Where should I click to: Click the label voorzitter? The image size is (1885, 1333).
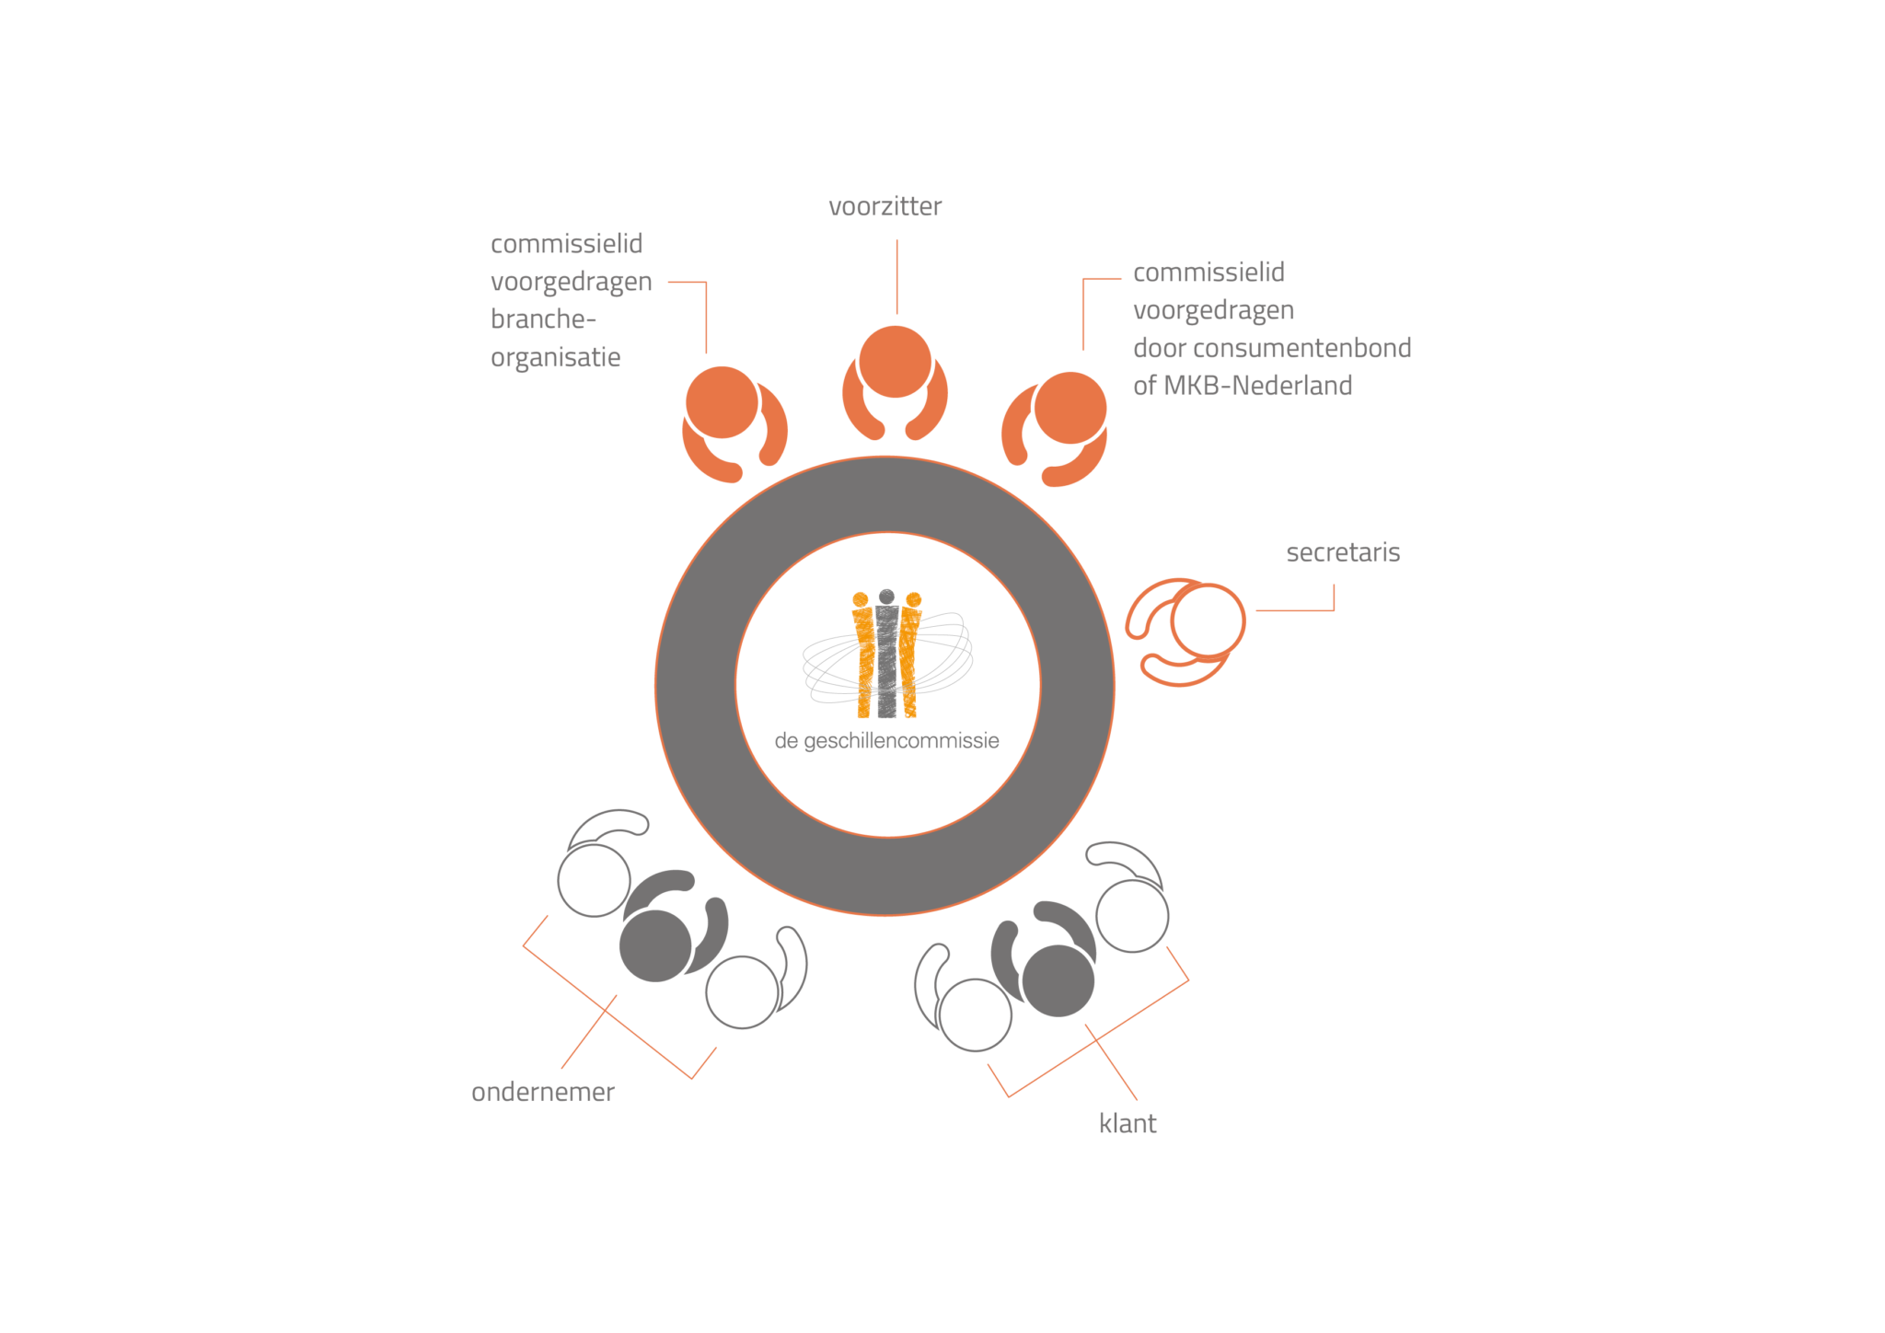(885, 206)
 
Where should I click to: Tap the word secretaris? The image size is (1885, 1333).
(1343, 552)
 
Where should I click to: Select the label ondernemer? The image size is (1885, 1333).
(543, 1092)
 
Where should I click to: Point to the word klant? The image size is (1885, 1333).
(1128, 1123)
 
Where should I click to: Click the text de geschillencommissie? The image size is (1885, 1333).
(886, 741)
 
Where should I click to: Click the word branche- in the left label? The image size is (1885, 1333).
(543, 319)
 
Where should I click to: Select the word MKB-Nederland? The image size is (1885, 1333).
(1257, 386)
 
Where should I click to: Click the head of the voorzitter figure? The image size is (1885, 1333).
(895, 362)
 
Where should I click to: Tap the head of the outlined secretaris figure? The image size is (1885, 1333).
(1208, 621)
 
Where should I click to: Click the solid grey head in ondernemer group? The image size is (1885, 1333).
(655, 945)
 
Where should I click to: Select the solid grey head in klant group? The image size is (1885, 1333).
(1058, 980)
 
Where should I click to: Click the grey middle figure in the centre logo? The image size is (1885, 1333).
(886, 654)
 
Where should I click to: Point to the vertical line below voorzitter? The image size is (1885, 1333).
(897, 277)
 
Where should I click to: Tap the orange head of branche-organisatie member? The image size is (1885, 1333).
(723, 402)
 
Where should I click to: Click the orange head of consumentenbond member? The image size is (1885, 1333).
(1070, 408)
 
